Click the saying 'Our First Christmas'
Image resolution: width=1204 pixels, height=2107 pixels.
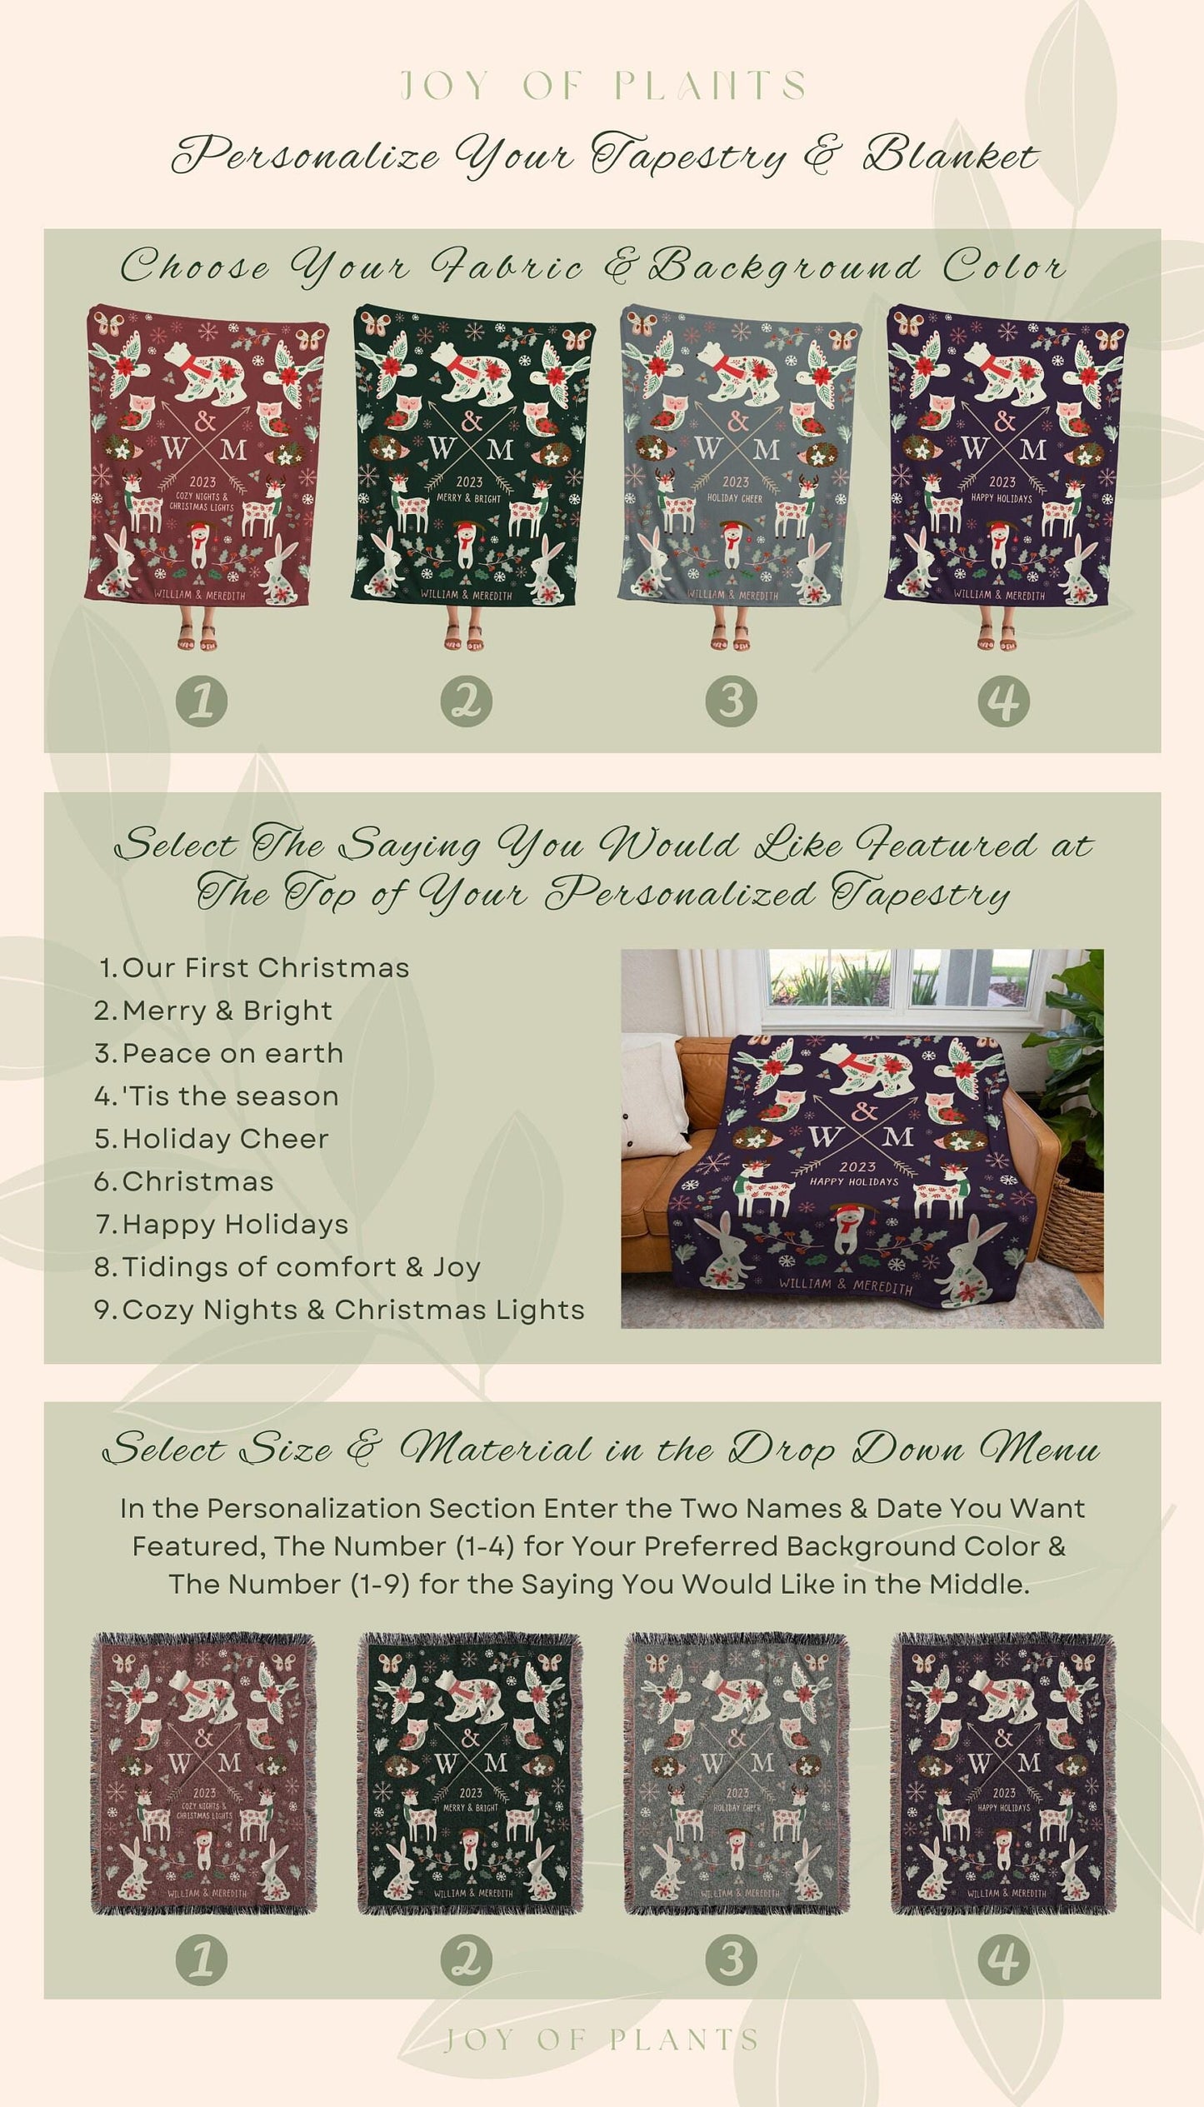pos(265,967)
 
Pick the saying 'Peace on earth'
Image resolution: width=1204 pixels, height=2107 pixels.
pos(232,1053)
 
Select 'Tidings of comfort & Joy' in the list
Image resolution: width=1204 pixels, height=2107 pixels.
pos(301,1267)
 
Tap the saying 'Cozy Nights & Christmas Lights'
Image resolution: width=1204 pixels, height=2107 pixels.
pos(352,1310)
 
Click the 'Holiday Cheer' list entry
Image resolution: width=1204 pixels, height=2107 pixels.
pos(225,1139)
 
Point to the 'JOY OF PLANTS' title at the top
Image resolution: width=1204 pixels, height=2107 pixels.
pos(602,86)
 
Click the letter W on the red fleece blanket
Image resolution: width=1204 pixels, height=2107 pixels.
pos(176,450)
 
